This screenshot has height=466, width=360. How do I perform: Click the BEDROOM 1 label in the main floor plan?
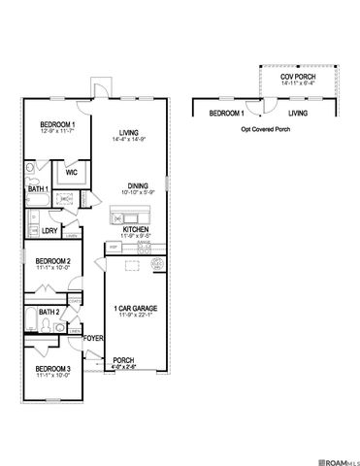[55, 126]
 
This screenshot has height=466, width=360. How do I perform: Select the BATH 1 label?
[38, 188]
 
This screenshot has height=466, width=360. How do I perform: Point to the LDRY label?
[49, 231]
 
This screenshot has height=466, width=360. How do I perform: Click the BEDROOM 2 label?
[52, 261]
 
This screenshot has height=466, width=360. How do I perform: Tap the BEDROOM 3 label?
[52, 370]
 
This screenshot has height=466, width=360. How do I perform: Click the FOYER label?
[93, 338]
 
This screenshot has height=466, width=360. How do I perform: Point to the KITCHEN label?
[136, 229]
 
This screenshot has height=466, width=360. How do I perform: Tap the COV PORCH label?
[300, 77]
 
